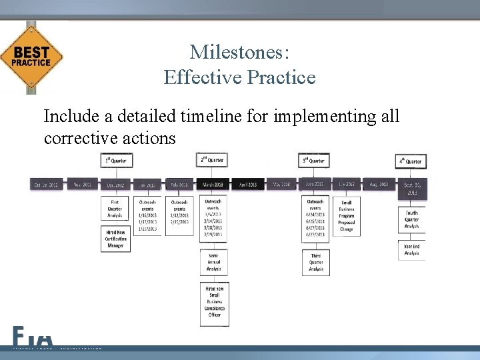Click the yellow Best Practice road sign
31,58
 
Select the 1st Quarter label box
117,161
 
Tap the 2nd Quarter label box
213,160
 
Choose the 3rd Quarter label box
314,161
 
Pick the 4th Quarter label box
411,161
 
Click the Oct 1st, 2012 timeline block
47,184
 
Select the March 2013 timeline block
214,184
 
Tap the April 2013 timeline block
247,184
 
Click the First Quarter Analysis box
116,208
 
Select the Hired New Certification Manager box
116,238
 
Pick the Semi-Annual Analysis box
214,262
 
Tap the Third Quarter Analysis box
316,262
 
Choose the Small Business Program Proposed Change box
347,215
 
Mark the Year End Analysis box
412,250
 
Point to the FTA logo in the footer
32,337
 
